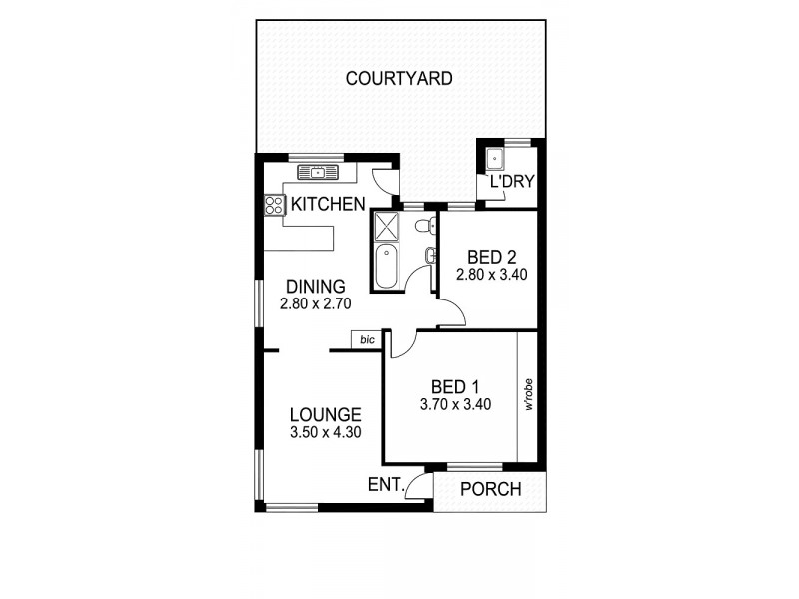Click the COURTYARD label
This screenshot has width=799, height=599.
(x=399, y=78)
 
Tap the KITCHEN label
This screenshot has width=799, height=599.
(x=327, y=206)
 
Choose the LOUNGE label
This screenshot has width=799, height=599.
(x=325, y=414)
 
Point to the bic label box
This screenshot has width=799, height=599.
(x=367, y=340)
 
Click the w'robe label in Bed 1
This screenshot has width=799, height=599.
(x=529, y=395)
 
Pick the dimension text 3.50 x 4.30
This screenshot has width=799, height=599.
(x=325, y=433)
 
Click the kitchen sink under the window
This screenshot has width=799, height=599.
(x=318, y=173)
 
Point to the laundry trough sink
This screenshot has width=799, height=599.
(x=494, y=159)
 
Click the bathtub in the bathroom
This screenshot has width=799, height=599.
(x=385, y=267)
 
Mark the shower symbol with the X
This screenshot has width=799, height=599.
(x=385, y=226)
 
